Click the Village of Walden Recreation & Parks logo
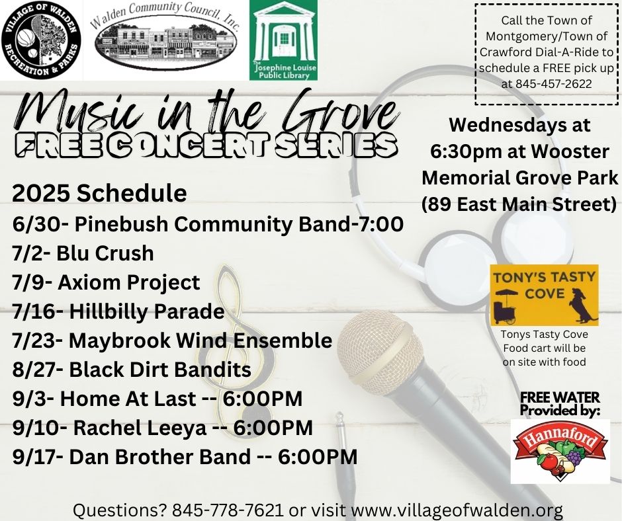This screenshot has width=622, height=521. pyautogui.click(x=41, y=40)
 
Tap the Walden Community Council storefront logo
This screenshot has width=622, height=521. pyautogui.click(x=166, y=38)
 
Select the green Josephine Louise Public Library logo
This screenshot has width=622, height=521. pyautogui.click(x=283, y=40)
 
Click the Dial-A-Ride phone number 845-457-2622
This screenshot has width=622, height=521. pyautogui.click(x=546, y=84)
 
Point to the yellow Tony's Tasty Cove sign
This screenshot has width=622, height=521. pyautogui.click(x=544, y=295)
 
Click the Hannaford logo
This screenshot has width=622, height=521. pyautogui.click(x=560, y=451)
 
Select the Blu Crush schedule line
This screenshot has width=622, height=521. pyautogui.click(x=83, y=253)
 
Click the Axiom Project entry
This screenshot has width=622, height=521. pyautogui.click(x=106, y=282)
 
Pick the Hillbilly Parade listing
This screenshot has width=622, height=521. pyautogui.click(x=118, y=311)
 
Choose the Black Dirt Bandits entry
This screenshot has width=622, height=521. pyautogui.click(x=131, y=369)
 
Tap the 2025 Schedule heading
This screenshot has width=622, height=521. pyautogui.click(x=99, y=193)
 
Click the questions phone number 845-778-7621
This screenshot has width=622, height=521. pyautogui.click(x=228, y=510)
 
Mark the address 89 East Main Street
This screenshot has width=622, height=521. pyautogui.click(x=519, y=204)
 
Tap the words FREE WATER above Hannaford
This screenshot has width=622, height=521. pyautogui.click(x=560, y=397)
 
